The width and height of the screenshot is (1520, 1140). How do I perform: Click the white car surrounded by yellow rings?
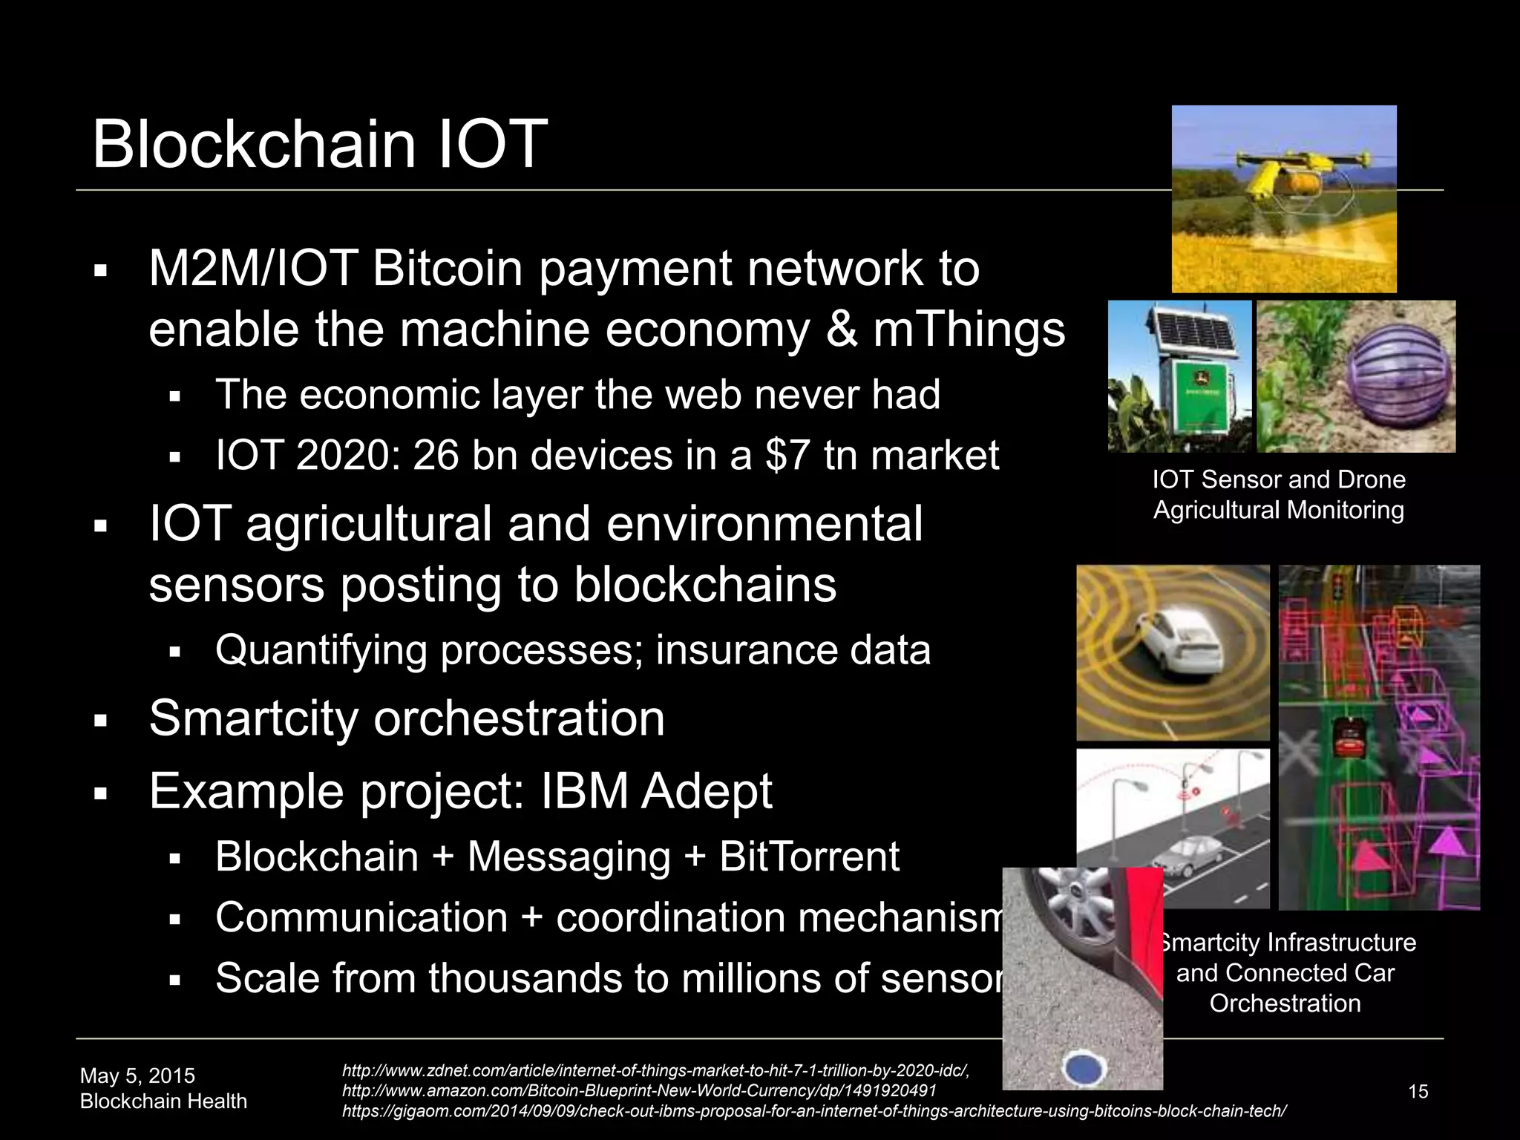(x=1180, y=646)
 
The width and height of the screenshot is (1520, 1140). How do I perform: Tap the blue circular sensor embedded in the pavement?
(x=1085, y=1069)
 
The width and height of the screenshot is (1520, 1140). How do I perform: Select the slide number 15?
(x=1418, y=1092)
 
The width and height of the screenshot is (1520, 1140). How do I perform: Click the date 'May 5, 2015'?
(x=137, y=1075)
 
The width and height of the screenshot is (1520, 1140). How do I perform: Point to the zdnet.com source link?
(x=655, y=1070)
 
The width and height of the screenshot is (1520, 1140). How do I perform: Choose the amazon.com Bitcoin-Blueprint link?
(x=639, y=1090)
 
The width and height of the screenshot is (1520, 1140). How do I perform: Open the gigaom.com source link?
(x=813, y=1111)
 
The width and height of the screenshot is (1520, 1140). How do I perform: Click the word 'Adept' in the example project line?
(x=707, y=791)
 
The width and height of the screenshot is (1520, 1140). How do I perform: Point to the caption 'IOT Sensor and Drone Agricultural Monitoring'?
(x=1279, y=494)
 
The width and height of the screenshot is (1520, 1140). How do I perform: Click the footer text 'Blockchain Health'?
(x=163, y=1101)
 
